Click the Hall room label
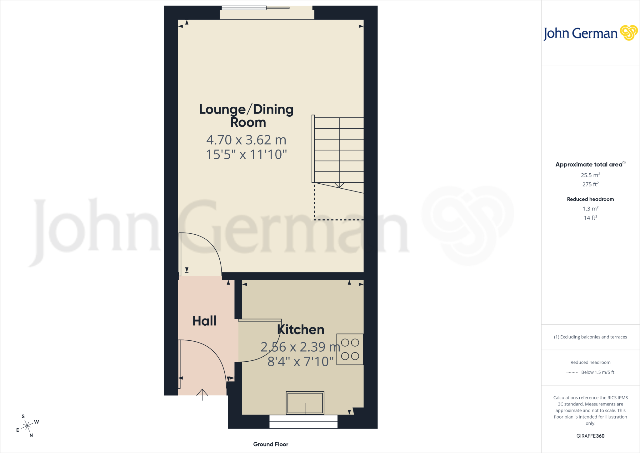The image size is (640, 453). (204, 321)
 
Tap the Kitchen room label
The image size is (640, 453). (301, 329)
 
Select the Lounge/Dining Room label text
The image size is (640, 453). (247, 116)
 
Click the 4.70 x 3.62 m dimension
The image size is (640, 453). (246, 140)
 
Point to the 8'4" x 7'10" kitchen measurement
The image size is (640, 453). (301, 361)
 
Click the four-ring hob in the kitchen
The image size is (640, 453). (350, 349)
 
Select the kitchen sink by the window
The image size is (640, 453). (305, 403)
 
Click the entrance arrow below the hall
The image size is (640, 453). (202, 394)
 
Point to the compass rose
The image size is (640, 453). (27, 426)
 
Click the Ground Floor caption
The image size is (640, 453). (271, 444)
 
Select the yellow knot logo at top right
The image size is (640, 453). (628, 33)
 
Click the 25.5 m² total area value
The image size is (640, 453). (590, 175)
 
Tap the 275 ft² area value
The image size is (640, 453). (590, 184)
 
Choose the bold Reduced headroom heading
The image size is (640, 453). (590, 199)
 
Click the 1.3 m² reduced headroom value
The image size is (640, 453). (590, 209)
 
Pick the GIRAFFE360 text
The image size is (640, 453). (590, 436)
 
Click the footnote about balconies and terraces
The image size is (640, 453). (590, 337)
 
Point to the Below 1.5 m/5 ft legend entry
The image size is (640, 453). (597, 372)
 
